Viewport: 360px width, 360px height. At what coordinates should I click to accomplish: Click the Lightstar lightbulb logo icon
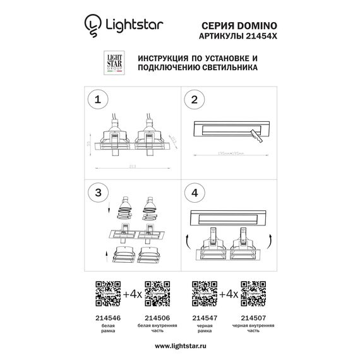click(92, 25)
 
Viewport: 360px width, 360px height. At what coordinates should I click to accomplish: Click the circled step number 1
click(97, 100)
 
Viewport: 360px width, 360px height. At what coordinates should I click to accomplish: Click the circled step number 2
click(195, 100)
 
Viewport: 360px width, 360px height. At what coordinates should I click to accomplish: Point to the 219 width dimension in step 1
click(132, 167)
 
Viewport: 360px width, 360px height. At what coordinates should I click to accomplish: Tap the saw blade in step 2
click(256, 134)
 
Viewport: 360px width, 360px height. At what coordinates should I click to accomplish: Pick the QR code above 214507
click(253, 292)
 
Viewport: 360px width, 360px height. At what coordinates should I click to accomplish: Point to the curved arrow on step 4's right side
click(270, 239)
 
